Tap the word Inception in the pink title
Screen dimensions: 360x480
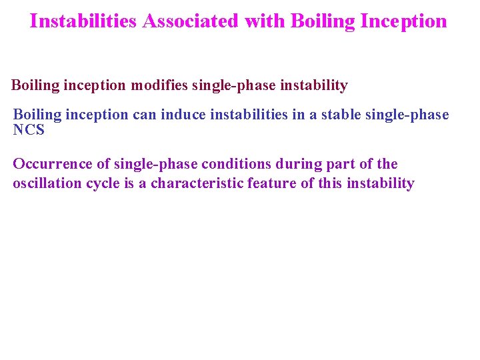(403, 21)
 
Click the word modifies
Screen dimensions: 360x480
(159, 85)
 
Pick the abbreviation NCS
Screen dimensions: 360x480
(29, 130)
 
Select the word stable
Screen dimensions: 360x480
(341, 115)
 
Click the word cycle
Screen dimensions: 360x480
(104, 183)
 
